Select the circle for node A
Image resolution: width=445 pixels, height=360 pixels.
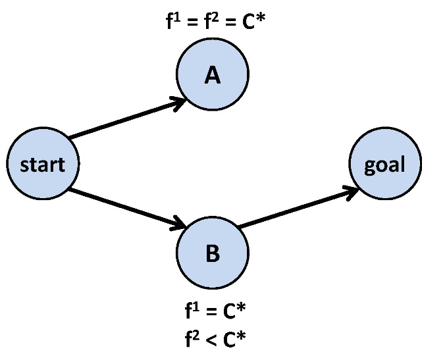(x=212, y=76)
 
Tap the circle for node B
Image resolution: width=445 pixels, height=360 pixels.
(x=212, y=253)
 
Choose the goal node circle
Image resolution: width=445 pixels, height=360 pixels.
(x=385, y=164)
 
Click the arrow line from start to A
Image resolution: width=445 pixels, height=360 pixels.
(x=125, y=120)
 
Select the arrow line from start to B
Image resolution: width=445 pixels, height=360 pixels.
(x=125, y=208)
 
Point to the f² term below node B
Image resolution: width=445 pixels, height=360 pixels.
(x=191, y=338)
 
